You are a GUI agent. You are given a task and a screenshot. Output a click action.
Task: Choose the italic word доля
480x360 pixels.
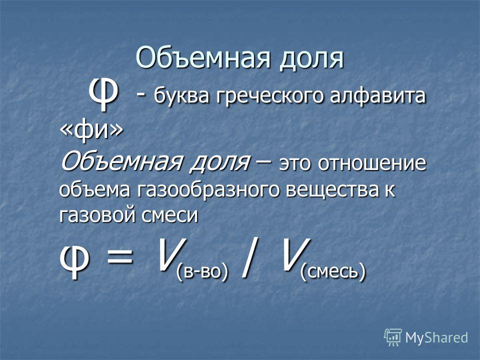point(219,162)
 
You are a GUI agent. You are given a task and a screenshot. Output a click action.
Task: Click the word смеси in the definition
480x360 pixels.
point(169,215)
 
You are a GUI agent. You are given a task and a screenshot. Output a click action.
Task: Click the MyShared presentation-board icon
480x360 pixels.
point(393,337)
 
